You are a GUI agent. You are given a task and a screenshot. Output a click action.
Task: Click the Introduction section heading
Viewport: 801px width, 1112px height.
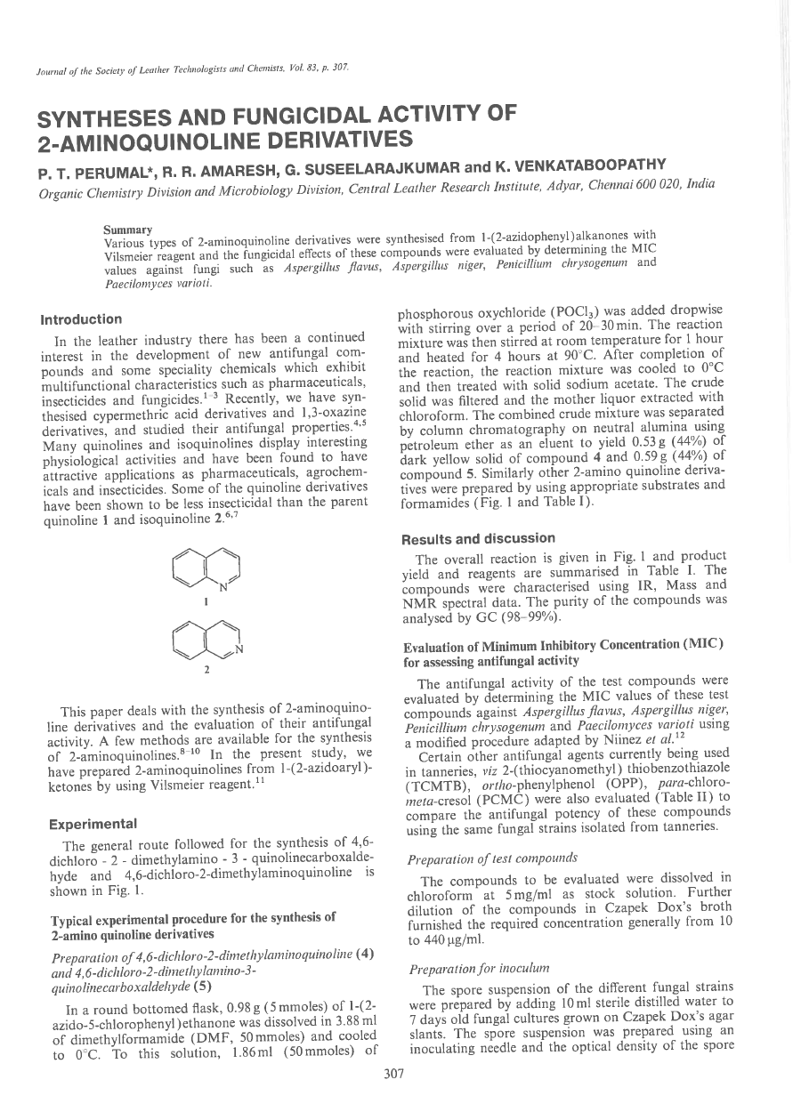click(x=81, y=319)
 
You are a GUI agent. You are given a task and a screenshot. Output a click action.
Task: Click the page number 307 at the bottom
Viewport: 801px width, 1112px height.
click(x=393, y=1074)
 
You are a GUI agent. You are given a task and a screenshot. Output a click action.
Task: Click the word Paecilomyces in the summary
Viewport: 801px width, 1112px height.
click(x=135, y=285)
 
